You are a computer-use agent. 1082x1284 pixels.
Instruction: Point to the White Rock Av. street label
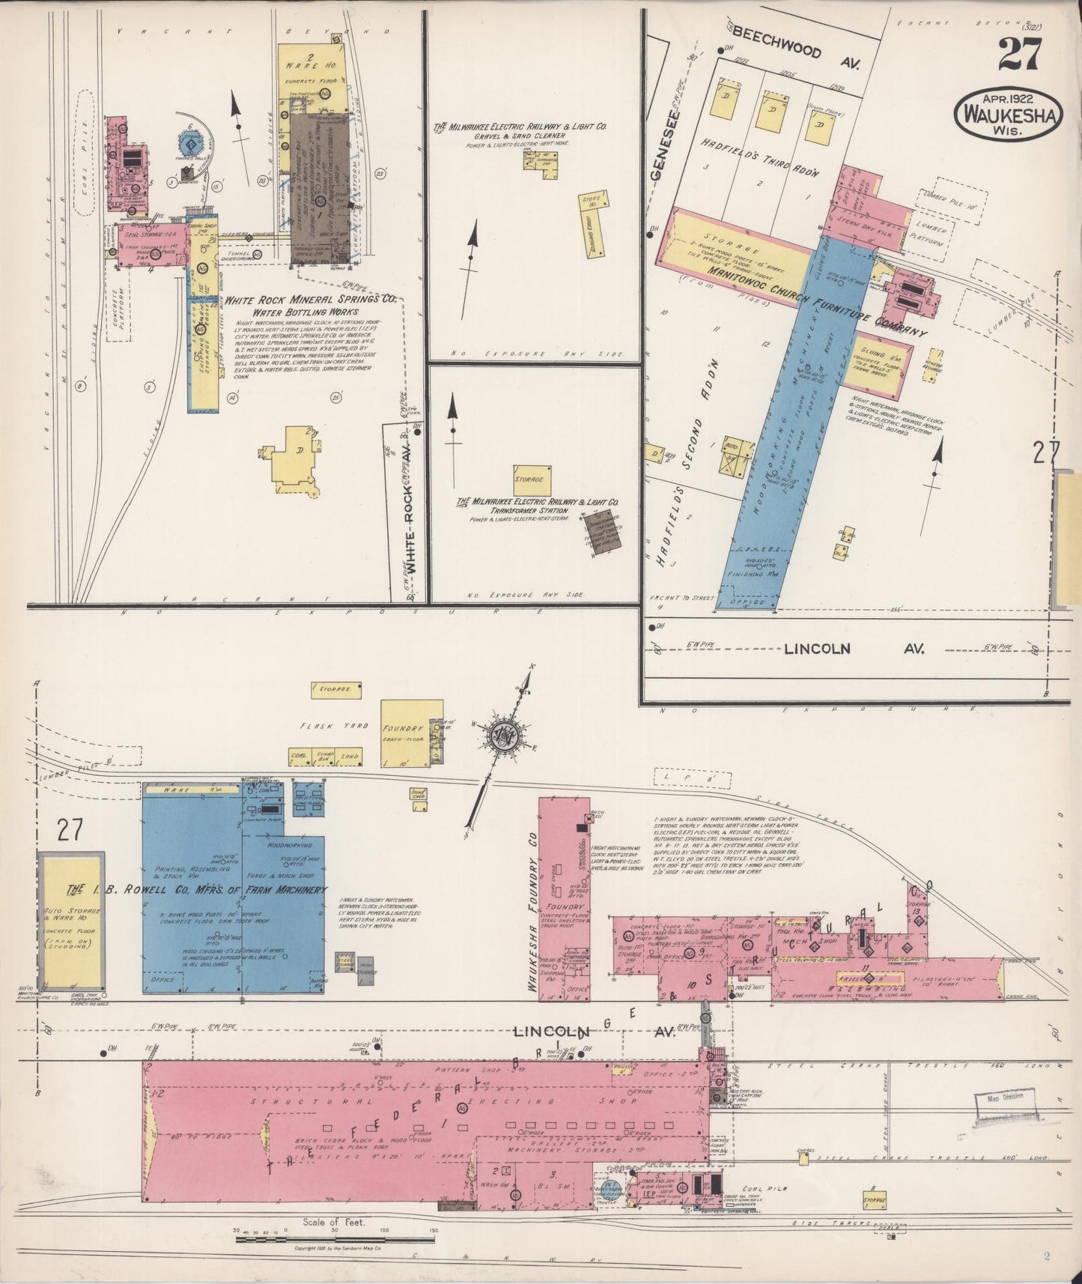410,505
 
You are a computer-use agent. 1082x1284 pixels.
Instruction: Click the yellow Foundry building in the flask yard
407,733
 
